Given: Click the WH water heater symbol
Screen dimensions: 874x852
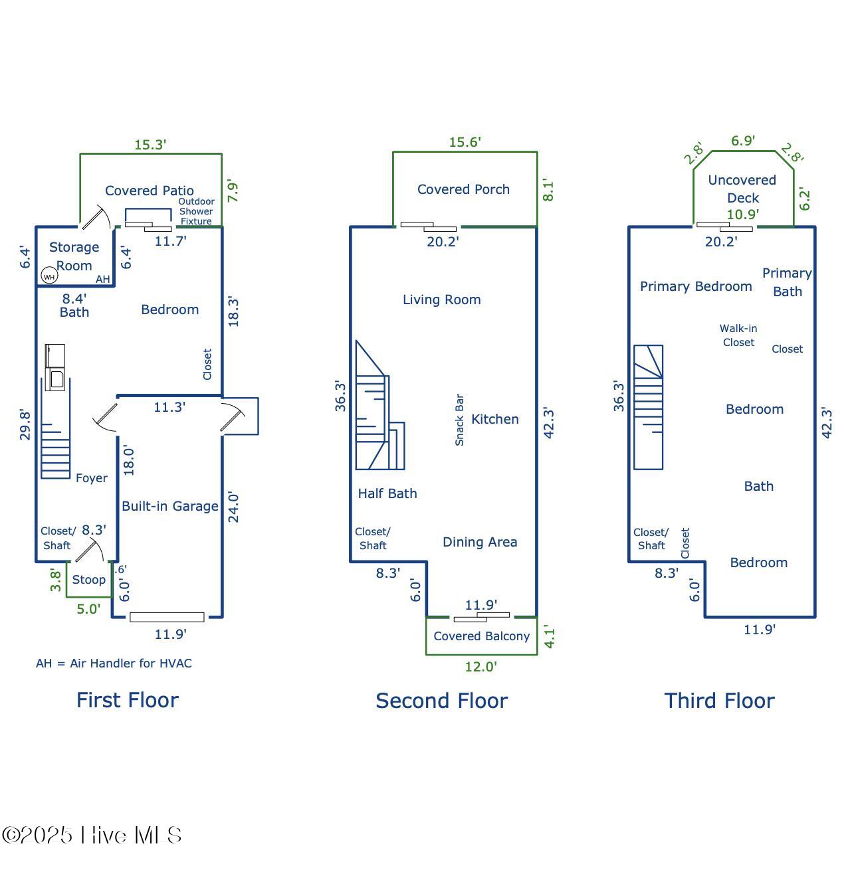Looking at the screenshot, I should click(x=49, y=276).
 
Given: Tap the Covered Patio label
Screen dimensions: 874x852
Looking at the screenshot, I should click(x=150, y=191).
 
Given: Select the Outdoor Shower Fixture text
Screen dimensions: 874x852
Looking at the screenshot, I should click(x=196, y=211).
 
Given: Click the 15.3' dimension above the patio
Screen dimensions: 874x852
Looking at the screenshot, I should click(x=150, y=144).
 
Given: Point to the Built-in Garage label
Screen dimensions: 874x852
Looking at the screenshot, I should click(x=170, y=506).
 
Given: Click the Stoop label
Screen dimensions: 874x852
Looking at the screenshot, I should click(x=89, y=580).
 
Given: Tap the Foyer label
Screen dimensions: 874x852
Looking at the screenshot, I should click(x=92, y=478).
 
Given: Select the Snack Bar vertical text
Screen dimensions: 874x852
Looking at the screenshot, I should click(x=459, y=420).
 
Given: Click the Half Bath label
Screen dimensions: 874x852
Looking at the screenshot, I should click(x=387, y=493).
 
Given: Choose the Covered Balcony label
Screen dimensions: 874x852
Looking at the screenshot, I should click(x=482, y=636).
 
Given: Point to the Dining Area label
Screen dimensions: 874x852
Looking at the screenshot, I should click(x=480, y=542).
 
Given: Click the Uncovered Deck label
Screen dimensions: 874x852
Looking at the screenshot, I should click(x=742, y=189).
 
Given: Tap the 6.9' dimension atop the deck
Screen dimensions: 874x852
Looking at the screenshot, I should click(x=743, y=141).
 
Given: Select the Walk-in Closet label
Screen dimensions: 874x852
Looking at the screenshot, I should click(x=738, y=335).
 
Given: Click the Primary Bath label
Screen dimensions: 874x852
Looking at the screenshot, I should click(x=787, y=282).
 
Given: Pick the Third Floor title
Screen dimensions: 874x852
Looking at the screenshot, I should click(x=720, y=701).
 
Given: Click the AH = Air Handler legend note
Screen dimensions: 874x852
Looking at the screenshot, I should click(x=114, y=663).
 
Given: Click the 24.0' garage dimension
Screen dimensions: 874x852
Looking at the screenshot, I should click(x=233, y=507).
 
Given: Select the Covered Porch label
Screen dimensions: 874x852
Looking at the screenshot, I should click(x=463, y=189).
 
